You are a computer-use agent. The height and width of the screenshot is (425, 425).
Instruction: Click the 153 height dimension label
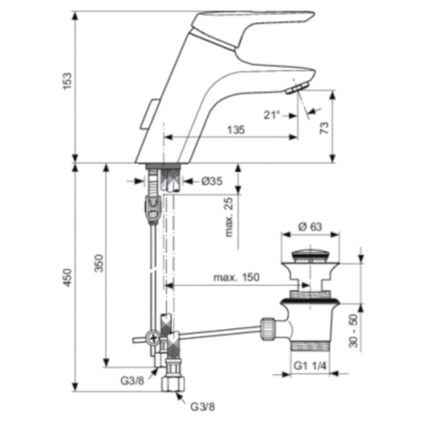point(67,81)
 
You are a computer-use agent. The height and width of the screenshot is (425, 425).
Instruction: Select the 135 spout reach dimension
point(236,130)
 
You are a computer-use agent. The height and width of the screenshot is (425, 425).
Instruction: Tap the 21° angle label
point(271,115)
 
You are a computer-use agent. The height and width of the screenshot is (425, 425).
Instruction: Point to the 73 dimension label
point(324,128)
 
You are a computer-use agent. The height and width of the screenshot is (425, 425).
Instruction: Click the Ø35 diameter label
point(212,181)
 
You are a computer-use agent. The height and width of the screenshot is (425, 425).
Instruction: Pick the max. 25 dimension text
point(229,217)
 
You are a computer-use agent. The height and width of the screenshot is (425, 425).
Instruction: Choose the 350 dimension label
point(99,263)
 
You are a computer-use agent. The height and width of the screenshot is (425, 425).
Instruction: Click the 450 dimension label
point(67,277)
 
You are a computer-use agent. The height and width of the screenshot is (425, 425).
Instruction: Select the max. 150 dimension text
point(236,277)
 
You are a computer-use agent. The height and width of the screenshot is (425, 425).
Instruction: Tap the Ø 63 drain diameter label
point(310,227)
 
